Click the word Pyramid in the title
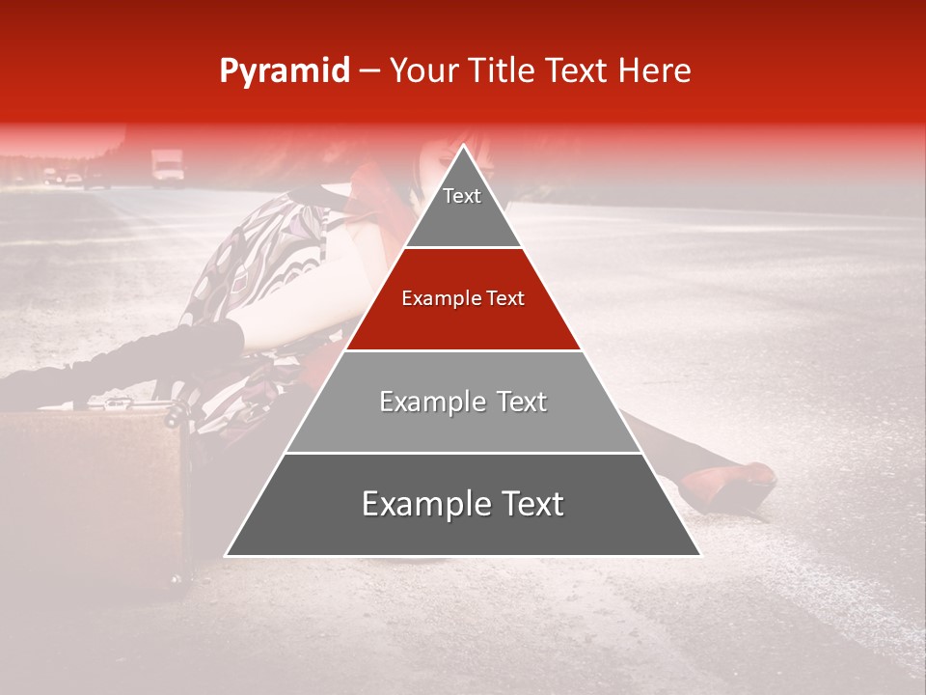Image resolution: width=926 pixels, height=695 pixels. pyautogui.click(x=284, y=71)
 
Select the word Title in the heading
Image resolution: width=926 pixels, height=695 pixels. pyautogui.click(x=502, y=70)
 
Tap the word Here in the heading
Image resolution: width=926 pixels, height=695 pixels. pyautogui.click(x=656, y=70)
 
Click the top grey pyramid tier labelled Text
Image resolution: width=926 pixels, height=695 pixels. pyautogui.click(x=463, y=208)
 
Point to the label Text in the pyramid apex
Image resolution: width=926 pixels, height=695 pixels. pyautogui.click(x=462, y=196)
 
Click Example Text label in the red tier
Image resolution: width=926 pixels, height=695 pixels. pyautogui.click(x=463, y=298)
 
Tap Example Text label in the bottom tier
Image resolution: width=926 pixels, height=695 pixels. pyautogui.click(x=463, y=504)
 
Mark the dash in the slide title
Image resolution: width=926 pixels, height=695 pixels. pyautogui.click(x=369, y=71)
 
